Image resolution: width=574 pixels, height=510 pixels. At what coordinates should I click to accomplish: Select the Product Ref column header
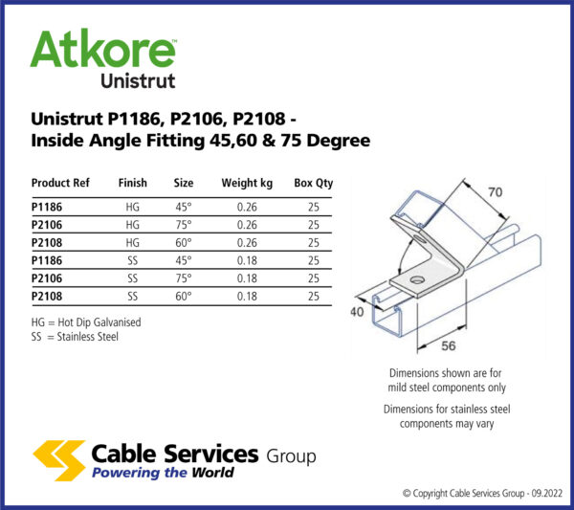tap(60, 183)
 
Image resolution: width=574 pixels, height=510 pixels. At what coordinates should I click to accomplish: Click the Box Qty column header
tap(314, 183)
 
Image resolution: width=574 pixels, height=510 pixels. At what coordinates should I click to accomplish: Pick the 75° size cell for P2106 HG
tap(183, 224)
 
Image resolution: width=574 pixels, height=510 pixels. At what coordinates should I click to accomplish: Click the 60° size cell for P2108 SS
tap(183, 296)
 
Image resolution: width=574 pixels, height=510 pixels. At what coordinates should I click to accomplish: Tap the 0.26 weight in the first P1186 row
tap(248, 206)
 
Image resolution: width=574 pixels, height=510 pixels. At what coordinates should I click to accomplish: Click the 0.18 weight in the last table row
tap(248, 296)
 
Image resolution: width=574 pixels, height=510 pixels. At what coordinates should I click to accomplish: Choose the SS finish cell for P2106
tap(132, 277)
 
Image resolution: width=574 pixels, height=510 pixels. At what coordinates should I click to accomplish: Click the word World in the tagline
tap(205, 472)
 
